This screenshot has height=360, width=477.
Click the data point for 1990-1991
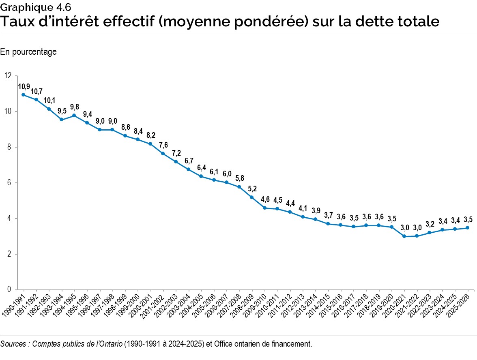[24, 95]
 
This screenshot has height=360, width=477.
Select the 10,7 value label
[37, 91]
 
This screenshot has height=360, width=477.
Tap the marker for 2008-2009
[252, 197]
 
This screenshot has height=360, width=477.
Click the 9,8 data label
[74, 107]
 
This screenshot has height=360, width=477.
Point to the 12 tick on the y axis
[8, 76]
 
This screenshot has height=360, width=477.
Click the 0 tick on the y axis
[9, 290]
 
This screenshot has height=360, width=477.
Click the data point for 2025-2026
[468, 228]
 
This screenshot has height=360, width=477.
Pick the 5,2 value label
[252, 189]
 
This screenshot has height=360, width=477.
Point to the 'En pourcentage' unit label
[28, 51]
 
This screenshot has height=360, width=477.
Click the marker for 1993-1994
[62, 120]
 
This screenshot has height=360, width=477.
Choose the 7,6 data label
[163, 145]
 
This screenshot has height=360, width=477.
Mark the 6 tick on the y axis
[9, 183]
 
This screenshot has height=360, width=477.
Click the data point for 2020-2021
[404, 236]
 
